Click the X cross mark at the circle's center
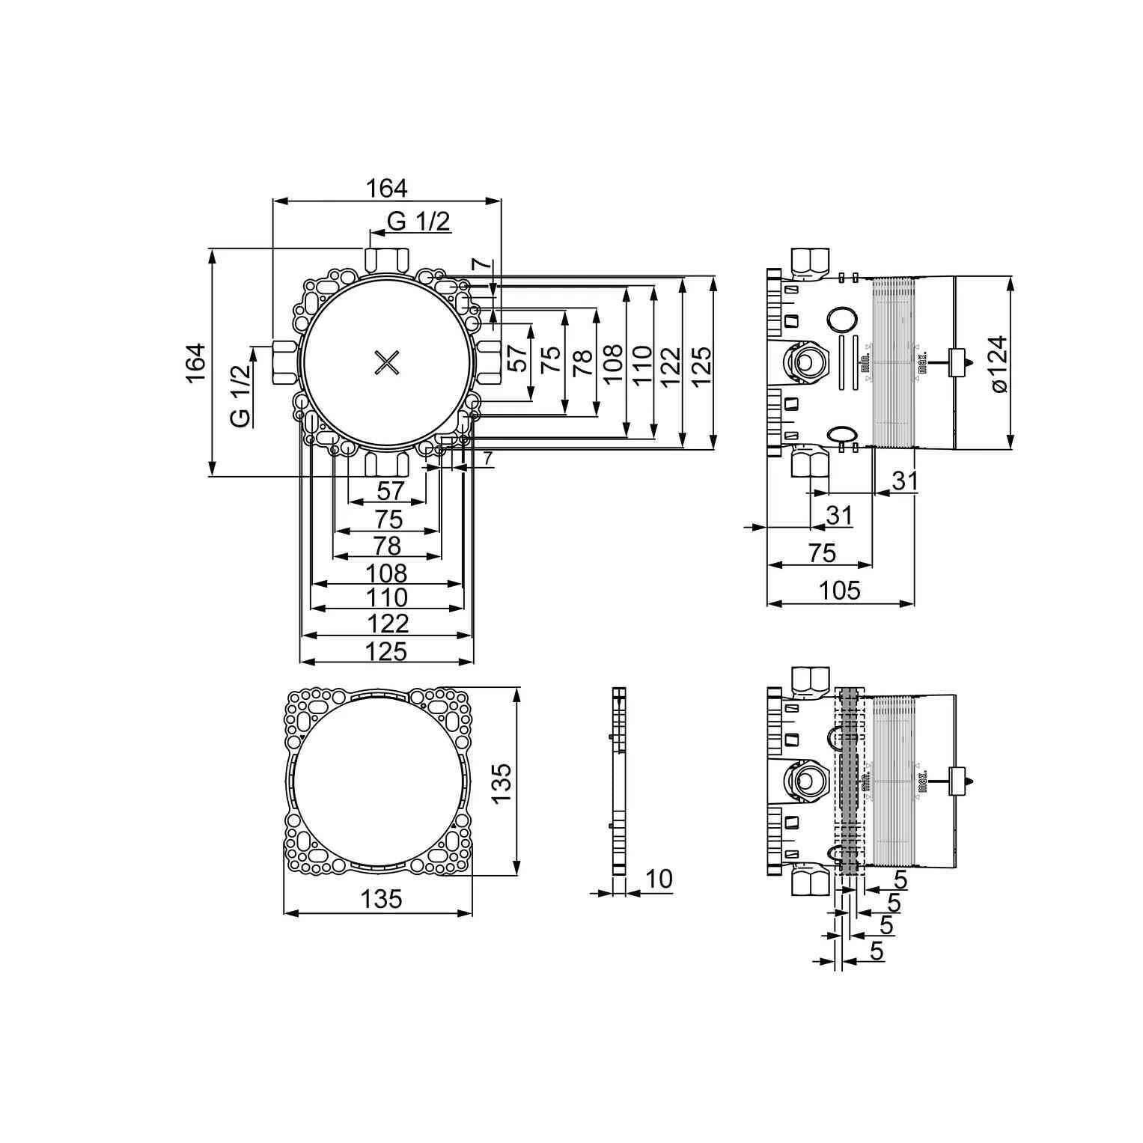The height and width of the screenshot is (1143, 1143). [388, 363]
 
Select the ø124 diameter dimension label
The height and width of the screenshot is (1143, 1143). [999, 363]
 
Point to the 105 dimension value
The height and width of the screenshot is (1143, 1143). [840, 591]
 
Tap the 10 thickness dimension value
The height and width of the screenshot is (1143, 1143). [659, 879]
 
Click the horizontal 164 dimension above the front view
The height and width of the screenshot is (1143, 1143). [386, 188]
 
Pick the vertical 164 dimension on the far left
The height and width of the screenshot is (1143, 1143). [196, 363]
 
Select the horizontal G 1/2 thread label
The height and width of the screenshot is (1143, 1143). [419, 221]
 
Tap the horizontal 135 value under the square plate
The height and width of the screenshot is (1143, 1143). [382, 899]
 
